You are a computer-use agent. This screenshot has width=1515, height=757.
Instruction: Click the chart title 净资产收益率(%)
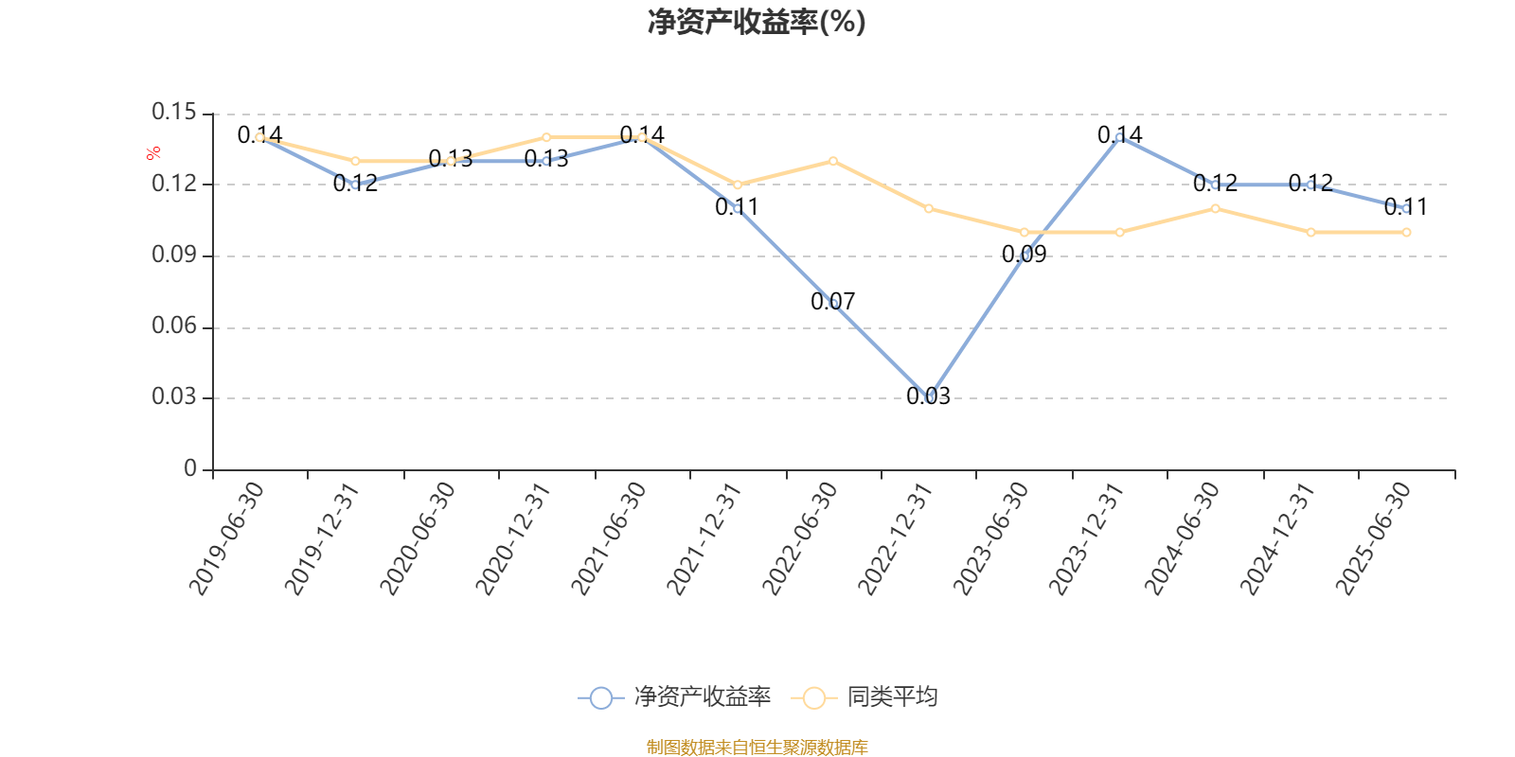pyautogui.click(x=757, y=22)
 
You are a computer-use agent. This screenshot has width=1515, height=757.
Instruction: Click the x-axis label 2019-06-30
pyautogui.click(x=227, y=537)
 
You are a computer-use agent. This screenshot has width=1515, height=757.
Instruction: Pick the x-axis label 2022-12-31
pyautogui.click(x=896, y=537)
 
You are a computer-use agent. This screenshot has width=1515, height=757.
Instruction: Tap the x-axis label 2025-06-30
pyautogui.click(x=1373, y=537)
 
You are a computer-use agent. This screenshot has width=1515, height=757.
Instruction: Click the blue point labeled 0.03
pyautogui.click(x=928, y=398)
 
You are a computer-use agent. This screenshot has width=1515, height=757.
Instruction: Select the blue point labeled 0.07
pyautogui.click(x=833, y=304)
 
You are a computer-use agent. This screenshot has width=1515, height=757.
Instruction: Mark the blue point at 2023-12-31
pyautogui.click(x=1119, y=137)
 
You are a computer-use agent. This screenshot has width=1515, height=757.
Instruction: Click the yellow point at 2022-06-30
pyautogui.click(x=833, y=161)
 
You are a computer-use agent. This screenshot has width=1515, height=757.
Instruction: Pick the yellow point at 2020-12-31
pyautogui.click(x=546, y=137)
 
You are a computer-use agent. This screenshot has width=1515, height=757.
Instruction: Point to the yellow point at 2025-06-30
pyautogui.click(x=1406, y=232)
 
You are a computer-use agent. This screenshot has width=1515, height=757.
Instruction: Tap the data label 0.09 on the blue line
pyautogui.click(x=1024, y=255)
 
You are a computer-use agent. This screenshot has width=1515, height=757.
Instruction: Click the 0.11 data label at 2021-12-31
pyautogui.click(x=737, y=207)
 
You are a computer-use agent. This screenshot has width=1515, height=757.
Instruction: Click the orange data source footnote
pyautogui.click(x=757, y=748)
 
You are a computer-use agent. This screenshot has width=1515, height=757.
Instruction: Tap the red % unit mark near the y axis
pyautogui.click(x=152, y=154)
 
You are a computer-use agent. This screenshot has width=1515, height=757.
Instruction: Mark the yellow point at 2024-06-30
pyautogui.click(x=1215, y=208)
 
